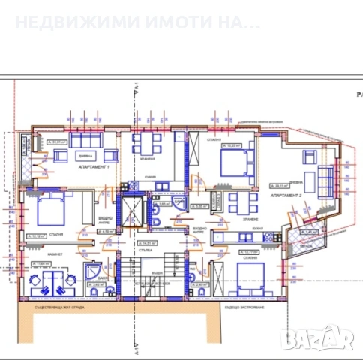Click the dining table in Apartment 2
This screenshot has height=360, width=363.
pos(236,201)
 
